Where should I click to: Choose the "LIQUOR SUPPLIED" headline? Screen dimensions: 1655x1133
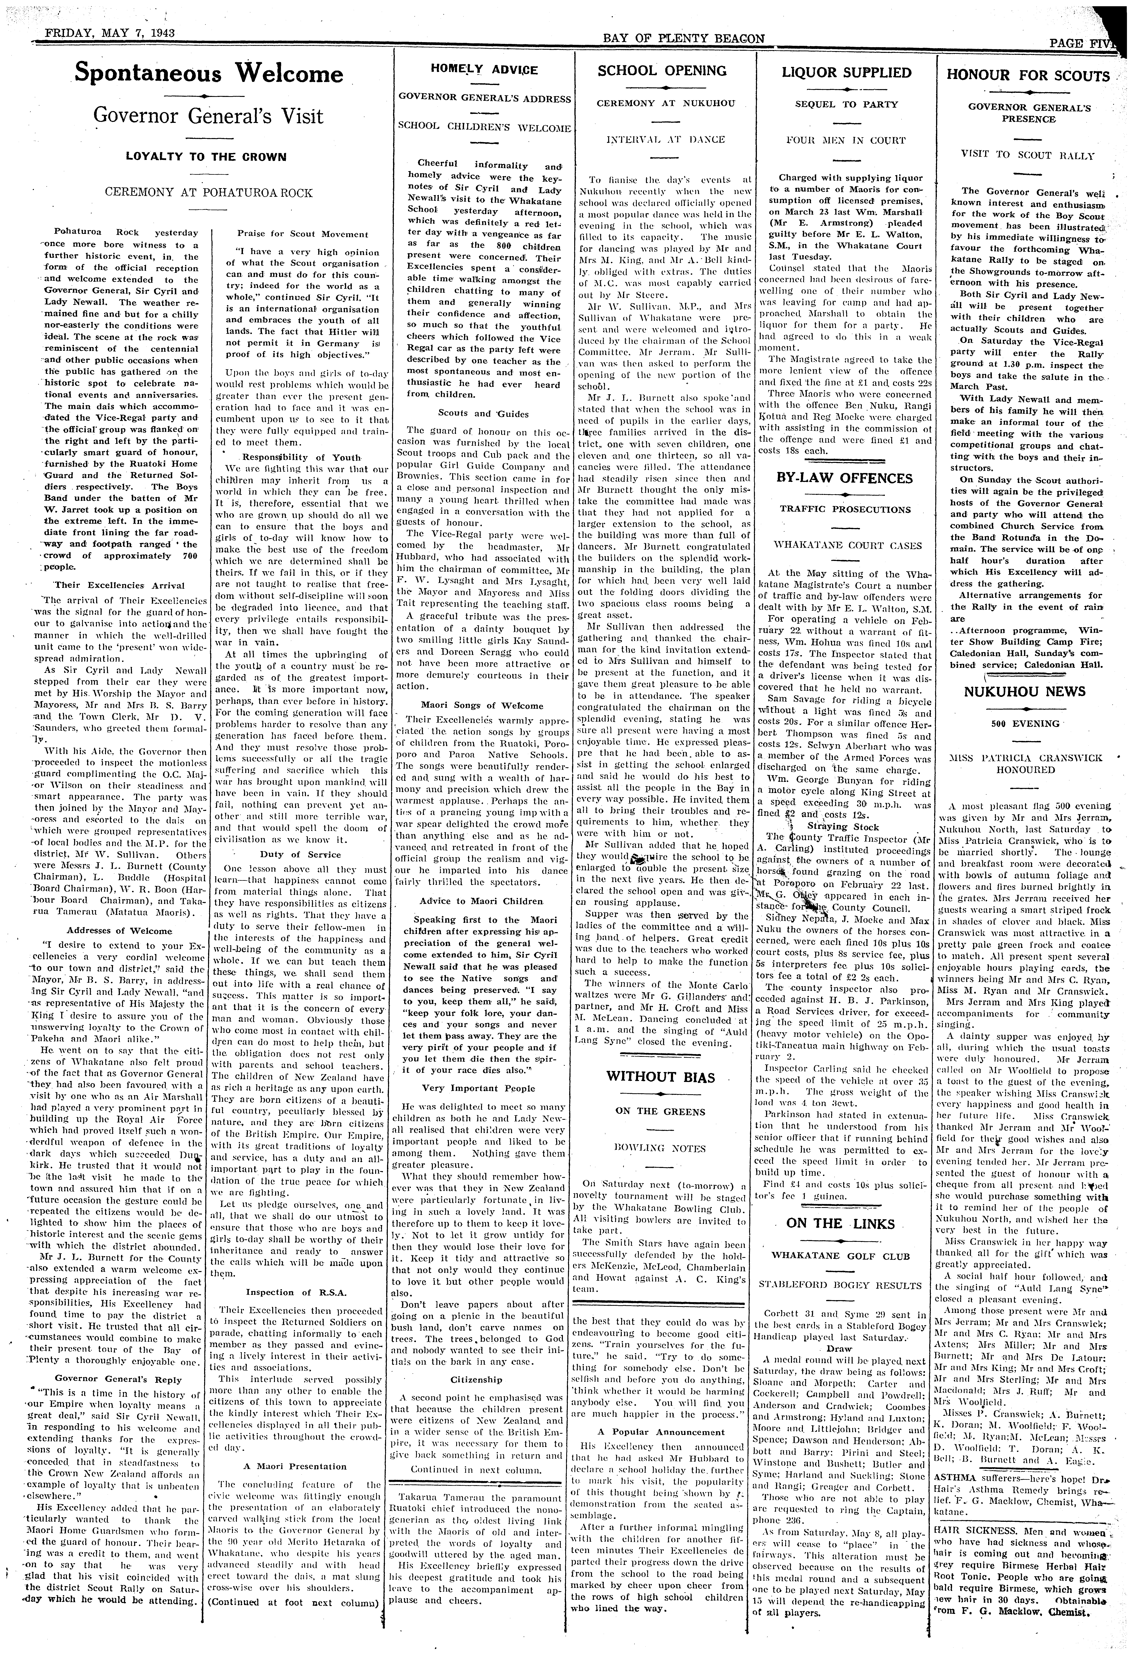(x=846, y=73)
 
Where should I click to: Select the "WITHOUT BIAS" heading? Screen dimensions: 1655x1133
(x=661, y=1077)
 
